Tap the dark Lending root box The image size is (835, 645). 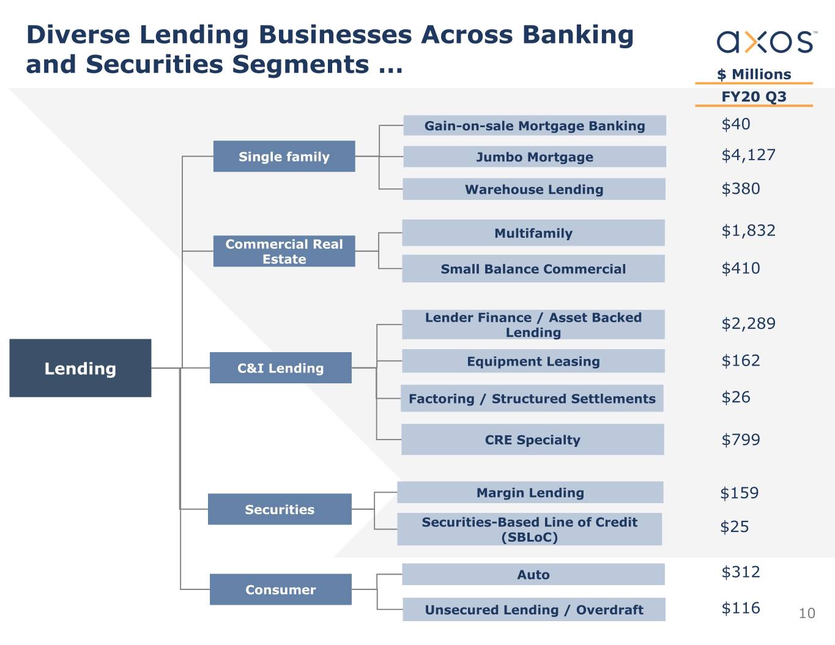pyautogui.click(x=80, y=368)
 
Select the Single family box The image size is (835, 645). pyautogui.click(x=284, y=157)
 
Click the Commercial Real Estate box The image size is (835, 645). pyautogui.click(x=284, y=251)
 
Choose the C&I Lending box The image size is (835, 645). pyautogui.click(x=281, y=368)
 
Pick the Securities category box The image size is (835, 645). pyautogui.click(x=280, y=509)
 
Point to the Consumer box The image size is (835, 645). pyautogui.click(x=281, y=589)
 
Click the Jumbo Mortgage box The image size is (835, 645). pyautogui.click(x=535, y=157)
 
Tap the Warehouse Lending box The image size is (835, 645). pyautogui.click(x=534, y=189)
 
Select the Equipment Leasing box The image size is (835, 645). pyautogui.click(x=533, y=361)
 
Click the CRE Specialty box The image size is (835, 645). pyautogui.click(x=533, y=439)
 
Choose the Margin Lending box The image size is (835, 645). pyautogui.click(x=530, y=492)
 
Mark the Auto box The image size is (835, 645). pyautogui.click(x=533, y=574)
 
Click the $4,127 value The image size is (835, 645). pyautogui.click(x=748, y=155)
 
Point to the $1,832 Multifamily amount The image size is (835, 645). pyautogui.click(x=748, y=230)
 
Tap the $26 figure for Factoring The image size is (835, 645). pyautogui.click(x=735, y=397)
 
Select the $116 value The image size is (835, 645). pyautogui.click(x=740, y=608)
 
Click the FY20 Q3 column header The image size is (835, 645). pyautogui.click(x=754, y=97)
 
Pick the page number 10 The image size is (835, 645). pyautogui.click(x=807, y=614)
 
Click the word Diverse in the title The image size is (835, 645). pyautogui.click(x=78, y=35)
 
